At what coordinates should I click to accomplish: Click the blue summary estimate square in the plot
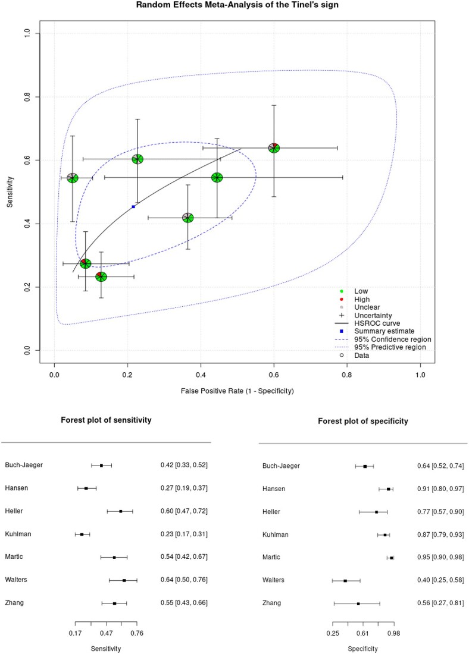click(133, 206)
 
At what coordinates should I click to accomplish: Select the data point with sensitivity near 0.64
click(274, 147)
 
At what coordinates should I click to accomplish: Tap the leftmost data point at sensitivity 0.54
click(73, 178)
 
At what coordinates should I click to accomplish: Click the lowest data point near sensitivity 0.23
click(101, 276)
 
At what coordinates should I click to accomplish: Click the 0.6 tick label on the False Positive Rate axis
click(274, 375)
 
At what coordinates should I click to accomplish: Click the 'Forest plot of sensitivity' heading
click(106, 420)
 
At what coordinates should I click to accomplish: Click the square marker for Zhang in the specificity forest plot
click(358, 603)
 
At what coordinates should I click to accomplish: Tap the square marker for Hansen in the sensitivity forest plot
click(86, 488)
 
